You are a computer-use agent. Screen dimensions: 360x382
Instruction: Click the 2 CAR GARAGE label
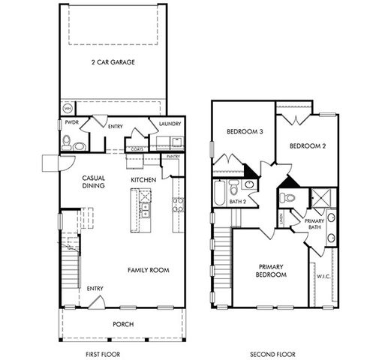[113, 62]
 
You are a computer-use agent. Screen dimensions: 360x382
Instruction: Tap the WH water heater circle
[67, 109]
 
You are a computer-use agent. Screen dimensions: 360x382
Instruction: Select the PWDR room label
[72, 121]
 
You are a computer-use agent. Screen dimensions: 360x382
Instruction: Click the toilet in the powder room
[66, 139]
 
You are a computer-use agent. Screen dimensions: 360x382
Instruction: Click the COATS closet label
[137, 148]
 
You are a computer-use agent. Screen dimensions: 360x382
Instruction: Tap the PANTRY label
[172, 157]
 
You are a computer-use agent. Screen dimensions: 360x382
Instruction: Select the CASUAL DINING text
[93, 181]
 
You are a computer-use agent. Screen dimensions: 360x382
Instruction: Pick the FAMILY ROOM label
[147, 270]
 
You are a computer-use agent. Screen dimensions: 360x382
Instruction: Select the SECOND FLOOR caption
[273, 352]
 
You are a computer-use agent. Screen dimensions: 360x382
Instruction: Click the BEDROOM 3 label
[245, 133]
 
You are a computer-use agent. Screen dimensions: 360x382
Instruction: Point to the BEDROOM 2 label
[307, 145]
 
